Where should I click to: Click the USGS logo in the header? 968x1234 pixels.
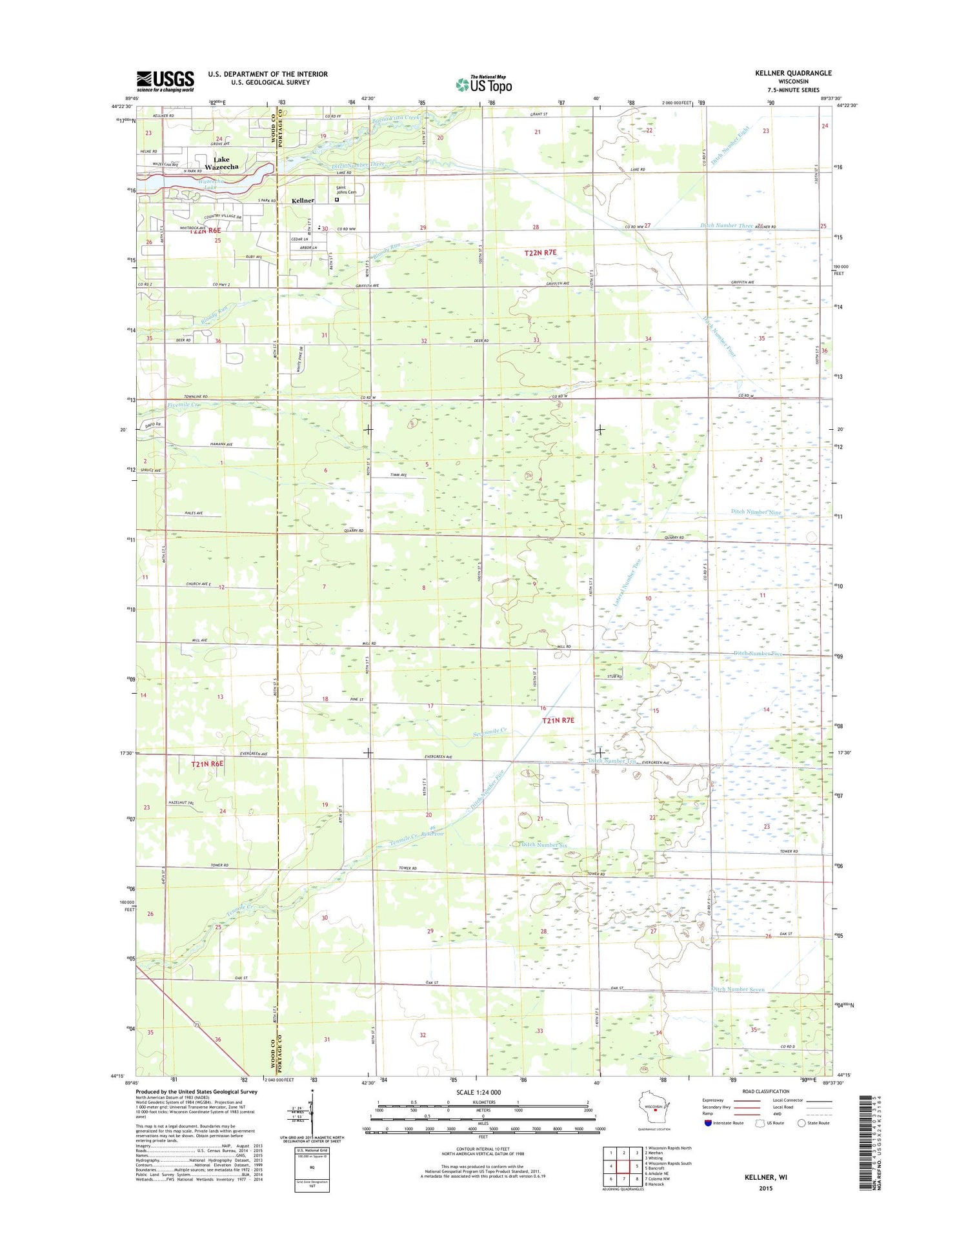click(165, 81)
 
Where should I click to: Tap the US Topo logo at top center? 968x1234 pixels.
click(484, 85)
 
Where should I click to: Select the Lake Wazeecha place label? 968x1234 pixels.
click(221, 163)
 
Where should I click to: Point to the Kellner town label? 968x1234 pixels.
click(303, 201)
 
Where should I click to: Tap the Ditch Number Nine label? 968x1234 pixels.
click(756, 512)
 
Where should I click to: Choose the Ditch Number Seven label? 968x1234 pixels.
click(738, 989)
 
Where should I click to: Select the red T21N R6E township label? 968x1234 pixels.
click(207, 764)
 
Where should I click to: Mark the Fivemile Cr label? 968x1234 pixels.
click(184, 405)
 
